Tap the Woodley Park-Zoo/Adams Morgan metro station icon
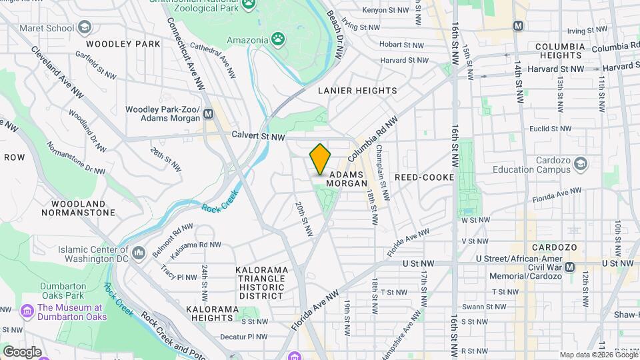click(209, 113)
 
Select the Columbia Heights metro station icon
click(518, 25)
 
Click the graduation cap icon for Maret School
click(84, 28)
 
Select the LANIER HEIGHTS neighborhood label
click(357, 91)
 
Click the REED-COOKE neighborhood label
click(424, 177)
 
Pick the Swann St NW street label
click(487, 307)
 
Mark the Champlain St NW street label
click(383, 172)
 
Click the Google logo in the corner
click(22, 351)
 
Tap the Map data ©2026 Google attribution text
click(598, 355)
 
